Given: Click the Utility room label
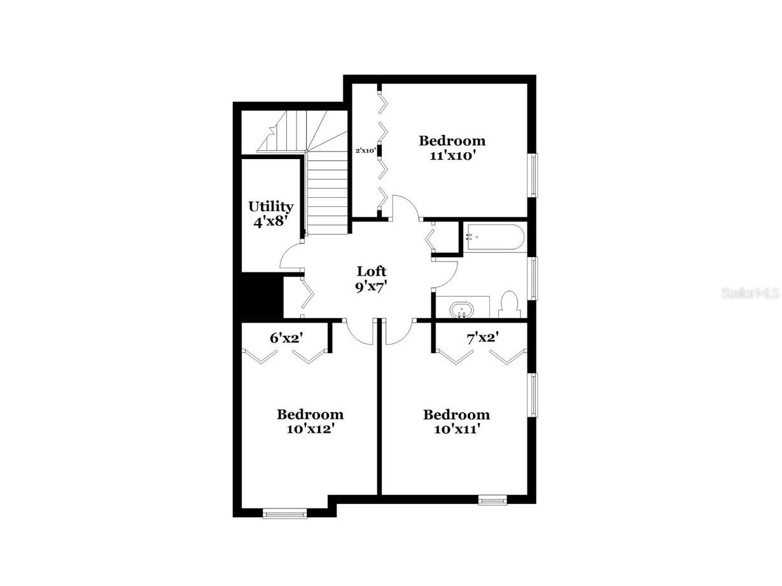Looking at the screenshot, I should pos(270,206).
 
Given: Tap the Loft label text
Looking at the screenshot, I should pos(371,272).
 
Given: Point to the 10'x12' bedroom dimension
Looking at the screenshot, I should pos(310,429).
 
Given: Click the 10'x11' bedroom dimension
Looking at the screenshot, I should pos(456,429).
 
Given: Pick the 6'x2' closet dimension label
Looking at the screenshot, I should pos(286,338).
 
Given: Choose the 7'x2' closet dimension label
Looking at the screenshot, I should pos(482,338).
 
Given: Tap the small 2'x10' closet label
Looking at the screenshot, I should pos(366,151).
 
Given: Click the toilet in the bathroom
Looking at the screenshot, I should pos(510,304).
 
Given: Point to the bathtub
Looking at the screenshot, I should pos(494,238).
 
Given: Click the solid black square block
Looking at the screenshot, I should pos(261,296).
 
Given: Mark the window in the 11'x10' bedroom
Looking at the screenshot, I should pos(534,174).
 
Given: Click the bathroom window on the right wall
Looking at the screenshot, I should pos(534,277).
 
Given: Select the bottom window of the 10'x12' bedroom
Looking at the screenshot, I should pos(285,512).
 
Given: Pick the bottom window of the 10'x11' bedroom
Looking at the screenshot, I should pos(492,501).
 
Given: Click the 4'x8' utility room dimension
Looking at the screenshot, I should pos(270,221).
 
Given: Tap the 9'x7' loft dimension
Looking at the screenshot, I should pos(371,286).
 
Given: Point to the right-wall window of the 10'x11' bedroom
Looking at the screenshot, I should pos(534,394).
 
